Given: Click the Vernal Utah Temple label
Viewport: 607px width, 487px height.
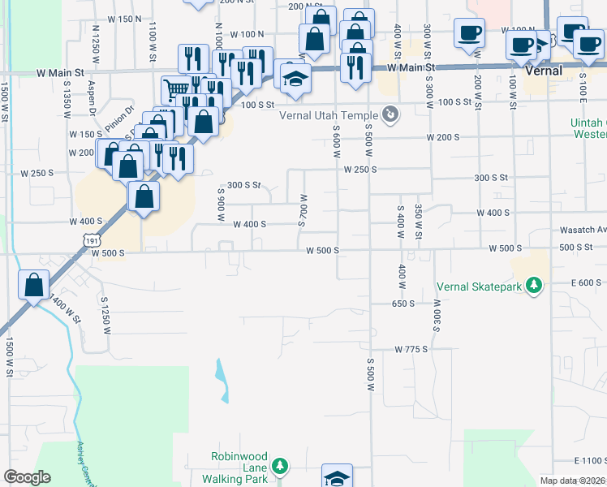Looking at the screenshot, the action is point(329,115).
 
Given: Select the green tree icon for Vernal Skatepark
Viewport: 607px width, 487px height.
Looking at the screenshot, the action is point(533,286).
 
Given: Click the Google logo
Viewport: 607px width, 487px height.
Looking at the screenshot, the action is point(27,476).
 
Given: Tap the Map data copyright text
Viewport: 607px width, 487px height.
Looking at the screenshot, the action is point(572,481).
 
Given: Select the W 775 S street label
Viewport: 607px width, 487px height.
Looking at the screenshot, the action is point(411,349).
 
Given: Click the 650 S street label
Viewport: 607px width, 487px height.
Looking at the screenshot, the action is point(403,304).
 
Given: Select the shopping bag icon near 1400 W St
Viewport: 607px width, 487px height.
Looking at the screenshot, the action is point(33,285).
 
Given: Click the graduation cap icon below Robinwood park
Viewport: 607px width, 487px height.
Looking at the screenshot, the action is point(337,477).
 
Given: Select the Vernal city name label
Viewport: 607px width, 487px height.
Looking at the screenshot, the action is point(544,71).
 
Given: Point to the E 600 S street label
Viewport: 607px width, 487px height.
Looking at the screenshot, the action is point(587,282).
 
